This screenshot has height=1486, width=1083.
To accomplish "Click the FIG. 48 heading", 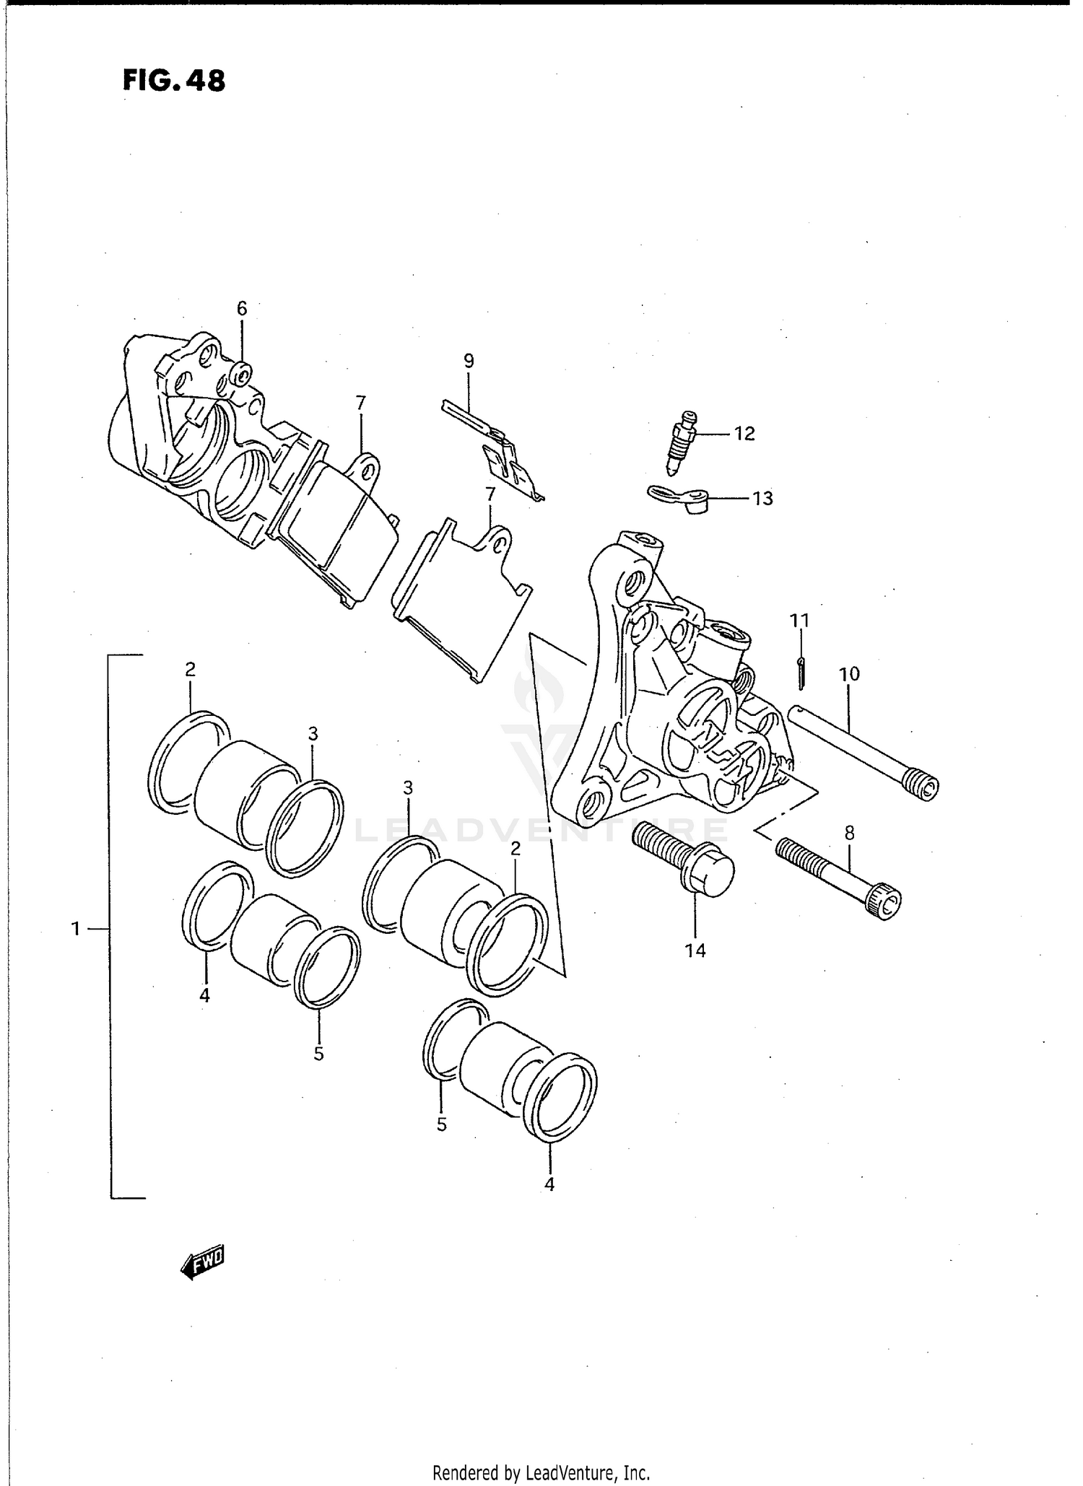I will click(173, 81).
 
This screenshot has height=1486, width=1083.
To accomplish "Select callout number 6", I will click(242, 309).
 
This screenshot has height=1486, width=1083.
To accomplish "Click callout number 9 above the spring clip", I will click(469, 361).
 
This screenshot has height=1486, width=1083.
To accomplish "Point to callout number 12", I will click(744, 434).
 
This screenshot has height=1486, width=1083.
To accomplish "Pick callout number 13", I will click(762, 499).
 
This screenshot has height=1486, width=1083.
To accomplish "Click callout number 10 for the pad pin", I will click(849, 674).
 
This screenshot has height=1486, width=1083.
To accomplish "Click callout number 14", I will click(695, 950).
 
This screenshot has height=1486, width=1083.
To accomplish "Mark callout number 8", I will click(849, 833).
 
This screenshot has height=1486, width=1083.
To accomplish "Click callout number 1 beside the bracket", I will click(76, 929).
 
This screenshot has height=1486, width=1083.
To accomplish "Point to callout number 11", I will click(799, 621).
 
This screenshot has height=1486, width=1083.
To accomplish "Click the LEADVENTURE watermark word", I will click(541, 830).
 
